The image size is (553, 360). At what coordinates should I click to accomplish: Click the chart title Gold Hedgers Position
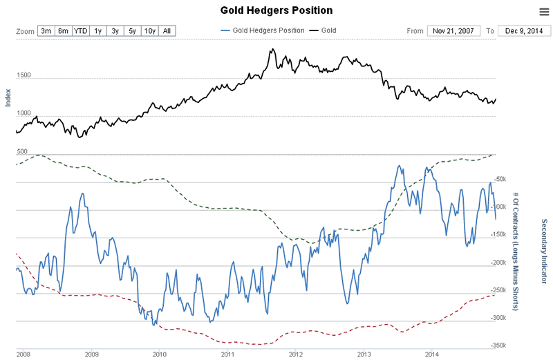pos(276,10)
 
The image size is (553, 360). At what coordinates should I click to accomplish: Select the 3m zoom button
pos(46,31)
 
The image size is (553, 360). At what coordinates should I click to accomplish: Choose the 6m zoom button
pos(64,31)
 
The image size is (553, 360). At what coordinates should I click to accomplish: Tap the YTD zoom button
pos(81,31)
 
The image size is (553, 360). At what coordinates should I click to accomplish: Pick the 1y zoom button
pos(98,31)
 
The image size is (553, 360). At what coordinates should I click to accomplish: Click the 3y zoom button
pos(115,31)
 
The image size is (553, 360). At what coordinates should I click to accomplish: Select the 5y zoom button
pos(132,31)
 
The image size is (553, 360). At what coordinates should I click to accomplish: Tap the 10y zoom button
pos(149,31)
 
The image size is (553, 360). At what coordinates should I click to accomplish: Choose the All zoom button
pos(167,31)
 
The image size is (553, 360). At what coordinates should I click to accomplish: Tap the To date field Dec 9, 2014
pos(523,31)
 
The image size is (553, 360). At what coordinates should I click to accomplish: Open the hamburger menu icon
pos(543,11)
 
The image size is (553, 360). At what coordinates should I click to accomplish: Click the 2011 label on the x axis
pos(227,354)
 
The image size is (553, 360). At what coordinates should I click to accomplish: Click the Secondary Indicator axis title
pos(544,252)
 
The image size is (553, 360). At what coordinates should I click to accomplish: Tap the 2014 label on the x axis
pos(431,354)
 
